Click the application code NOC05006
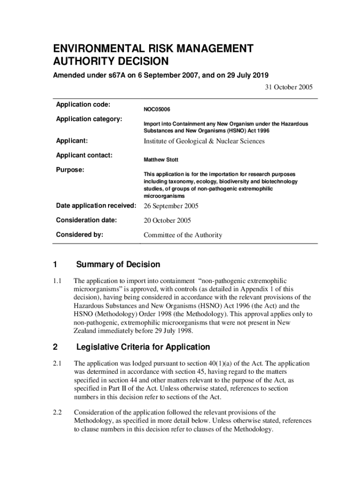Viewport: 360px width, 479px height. click(157, 109)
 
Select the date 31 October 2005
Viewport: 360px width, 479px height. click(287, 87)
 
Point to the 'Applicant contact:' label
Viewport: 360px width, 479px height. click(84, 155)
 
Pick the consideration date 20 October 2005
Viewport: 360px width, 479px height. click(167, 220)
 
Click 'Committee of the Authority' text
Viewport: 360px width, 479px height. click(182, 235)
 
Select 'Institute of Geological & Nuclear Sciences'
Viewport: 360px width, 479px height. click(204, 141)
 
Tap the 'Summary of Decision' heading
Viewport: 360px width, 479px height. click(118, 265)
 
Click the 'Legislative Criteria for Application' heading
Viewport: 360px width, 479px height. click(143, 347)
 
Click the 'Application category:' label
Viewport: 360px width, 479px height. click(89, 119)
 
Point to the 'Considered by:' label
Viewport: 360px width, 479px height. click(79, 234)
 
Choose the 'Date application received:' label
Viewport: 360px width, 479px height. click(96, 206)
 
